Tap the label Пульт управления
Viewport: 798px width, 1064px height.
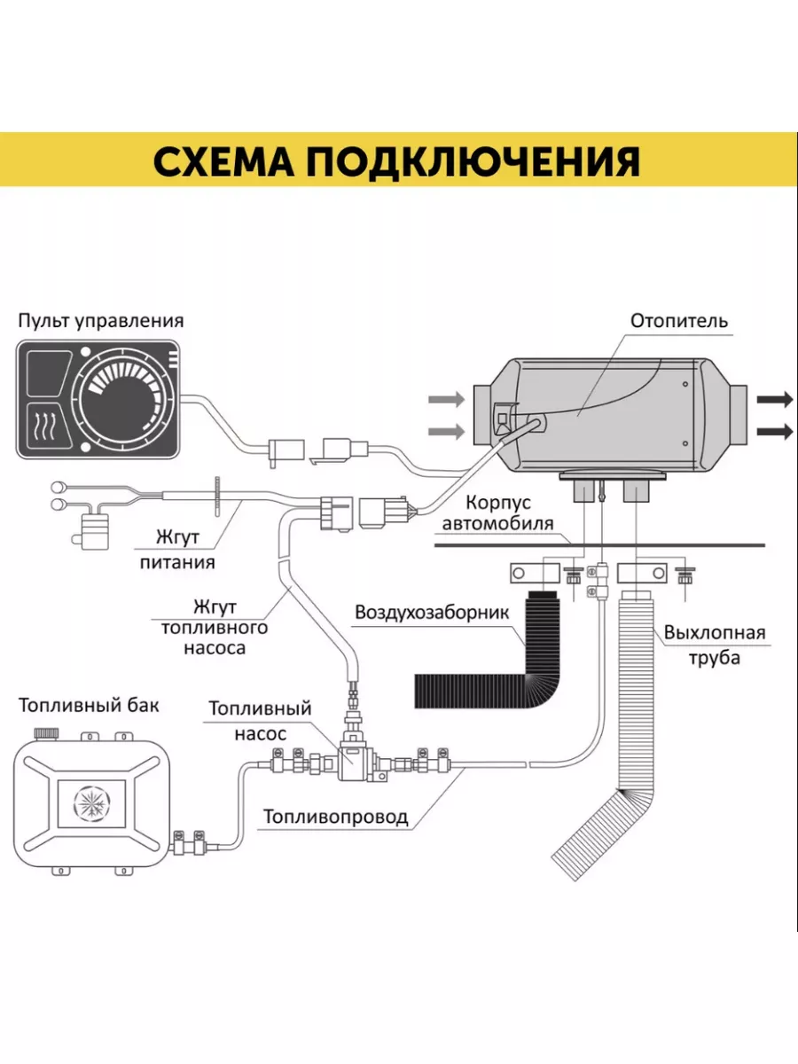(101, 320)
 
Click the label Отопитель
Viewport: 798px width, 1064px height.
(679, 320)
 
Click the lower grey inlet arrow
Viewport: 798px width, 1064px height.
(446, 432)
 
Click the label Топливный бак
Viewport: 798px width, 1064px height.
(89, 706)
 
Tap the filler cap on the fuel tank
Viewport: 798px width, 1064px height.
(46, 734)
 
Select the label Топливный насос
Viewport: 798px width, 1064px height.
(260, 721)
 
